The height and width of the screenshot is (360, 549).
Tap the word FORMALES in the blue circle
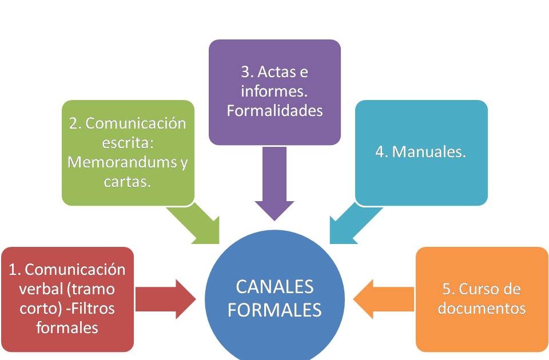(x=274, y=310)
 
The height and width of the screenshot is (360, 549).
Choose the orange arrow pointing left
(x=383, y=299)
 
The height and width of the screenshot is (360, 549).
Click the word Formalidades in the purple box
(x=274, y=110)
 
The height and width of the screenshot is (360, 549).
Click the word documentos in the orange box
(x=482, y=309)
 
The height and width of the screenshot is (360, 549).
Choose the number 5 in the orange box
(x=447, y=289)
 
